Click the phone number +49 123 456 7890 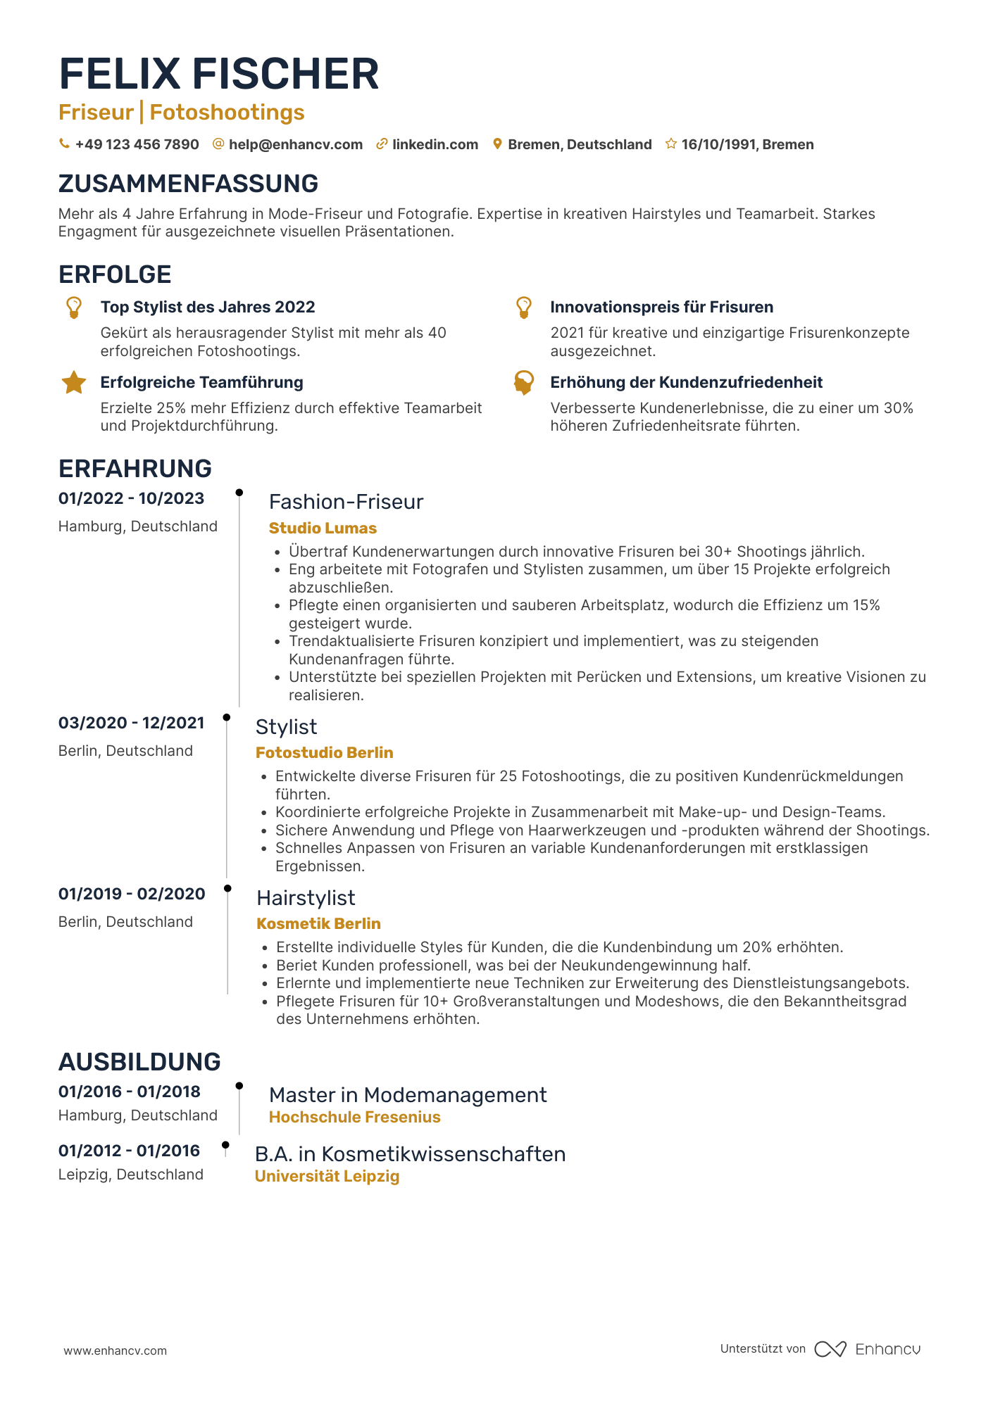point(137,144)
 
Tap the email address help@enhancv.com point(295,144)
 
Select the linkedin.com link point(435,144)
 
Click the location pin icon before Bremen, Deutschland point(497,144)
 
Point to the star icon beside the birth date point(671,144)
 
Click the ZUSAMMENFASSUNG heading point(188,184)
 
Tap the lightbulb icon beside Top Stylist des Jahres point(74,308)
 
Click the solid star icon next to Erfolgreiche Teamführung point(74,383)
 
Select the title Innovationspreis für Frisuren point(661,307)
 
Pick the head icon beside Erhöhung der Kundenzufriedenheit point(523,383)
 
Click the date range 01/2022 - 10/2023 point(131,498)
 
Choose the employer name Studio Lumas point(323,528)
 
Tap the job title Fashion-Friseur point(346,502)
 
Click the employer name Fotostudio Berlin point(324,752)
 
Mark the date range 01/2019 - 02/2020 point(132,894)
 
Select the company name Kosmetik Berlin point(318,923)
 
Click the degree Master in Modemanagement point(408,1094)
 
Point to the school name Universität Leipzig point(327,1176)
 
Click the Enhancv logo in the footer point(868,1349)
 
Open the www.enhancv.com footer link point(115,1351)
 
